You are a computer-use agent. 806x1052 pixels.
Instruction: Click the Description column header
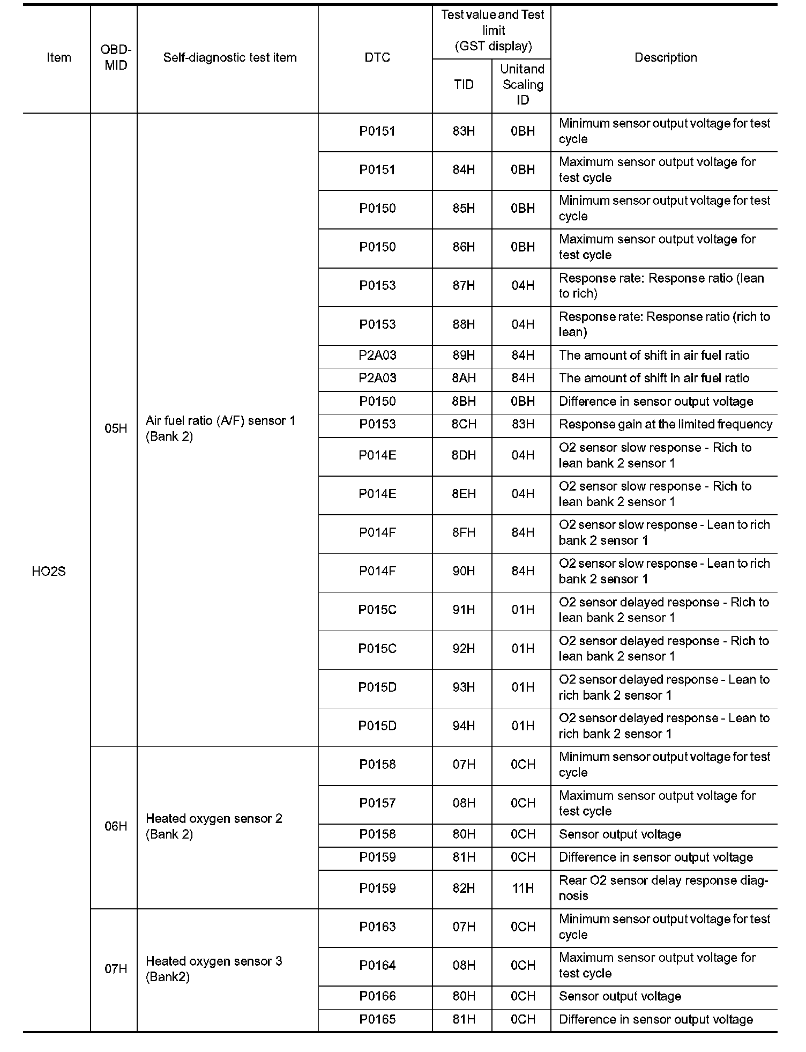[x=665, y=58]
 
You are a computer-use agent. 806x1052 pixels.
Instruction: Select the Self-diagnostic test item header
[x=229, y=58]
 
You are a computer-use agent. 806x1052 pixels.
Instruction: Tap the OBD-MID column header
[x=115, y=58]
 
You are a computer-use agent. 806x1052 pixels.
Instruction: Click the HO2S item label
[x=49, y=572]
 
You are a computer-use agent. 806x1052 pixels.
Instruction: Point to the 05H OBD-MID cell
[x=116, y=428]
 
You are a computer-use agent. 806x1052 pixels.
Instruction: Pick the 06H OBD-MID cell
[x=116, y=826]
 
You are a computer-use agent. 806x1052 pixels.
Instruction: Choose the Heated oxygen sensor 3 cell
[x=214, y=969]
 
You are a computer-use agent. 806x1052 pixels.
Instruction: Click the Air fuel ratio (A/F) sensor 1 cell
[x=220, y=428]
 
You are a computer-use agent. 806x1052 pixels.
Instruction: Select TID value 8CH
[x=464, y=425]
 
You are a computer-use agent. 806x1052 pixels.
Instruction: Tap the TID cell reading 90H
[x=464, y=572]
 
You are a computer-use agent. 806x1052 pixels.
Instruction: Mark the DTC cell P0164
[x=377, y=966]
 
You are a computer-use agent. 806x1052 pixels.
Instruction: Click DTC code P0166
[x=377, y=996]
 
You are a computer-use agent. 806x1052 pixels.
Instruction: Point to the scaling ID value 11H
[x=523, y=888]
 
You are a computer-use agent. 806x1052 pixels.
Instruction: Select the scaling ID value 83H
[x=523, y=425]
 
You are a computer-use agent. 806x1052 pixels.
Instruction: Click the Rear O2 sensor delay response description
[x=663, y=888]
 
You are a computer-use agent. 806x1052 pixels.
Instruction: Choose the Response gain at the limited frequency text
[x=665, y=425]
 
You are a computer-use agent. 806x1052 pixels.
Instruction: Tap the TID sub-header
[x=464, y=85]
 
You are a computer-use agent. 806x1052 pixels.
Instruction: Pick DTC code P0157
[x=377, y=803]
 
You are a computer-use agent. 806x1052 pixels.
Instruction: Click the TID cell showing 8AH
[x=464, y=379]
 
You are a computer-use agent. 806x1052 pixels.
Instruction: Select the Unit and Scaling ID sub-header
[x=523, y=85]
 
